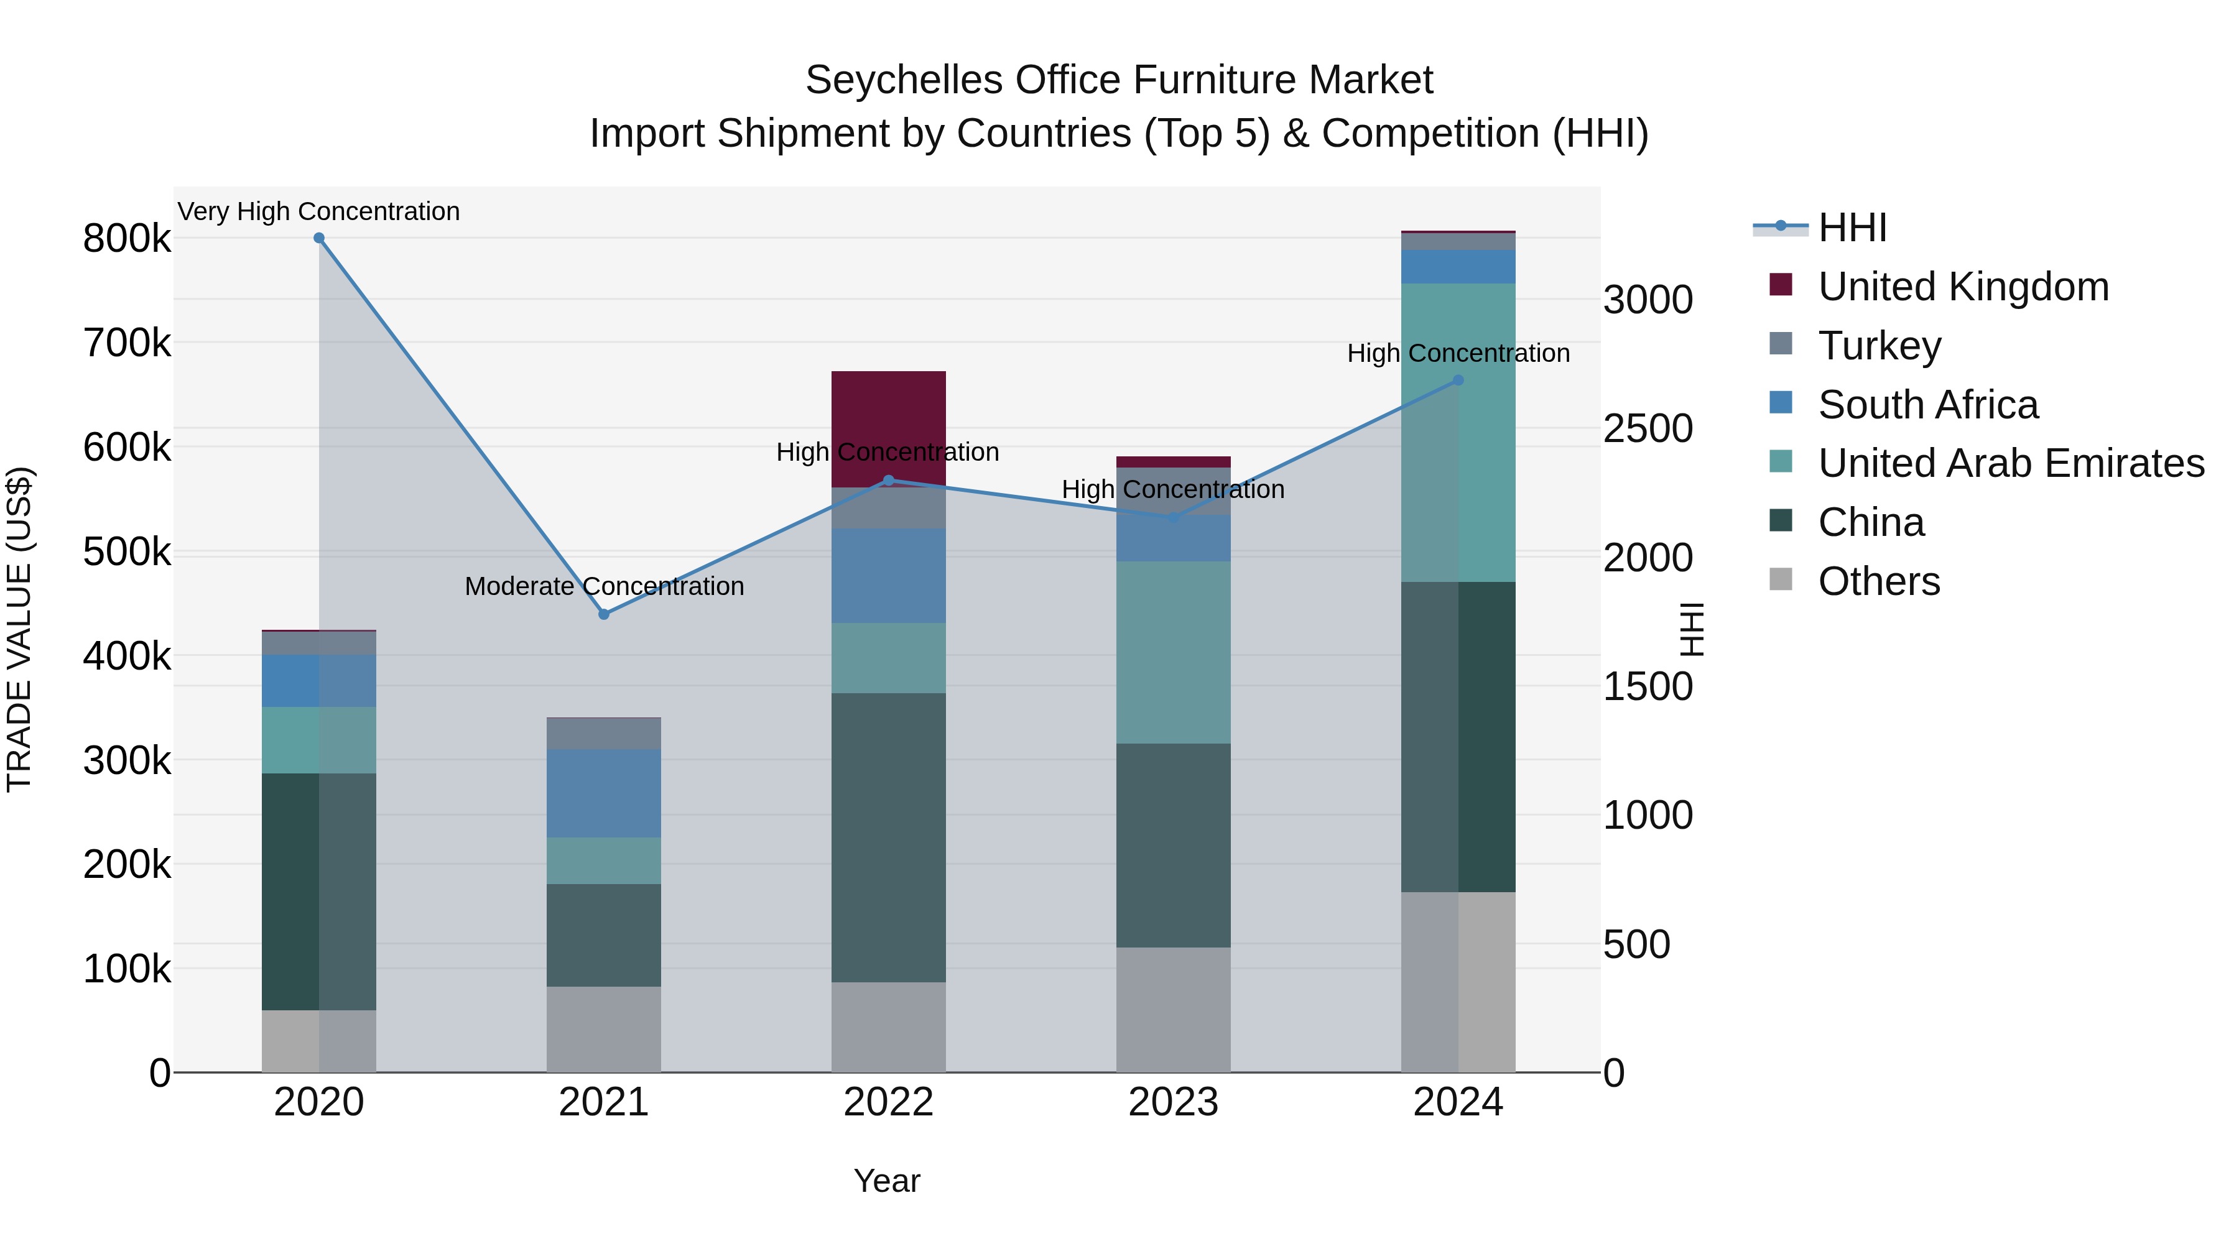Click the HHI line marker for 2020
319,238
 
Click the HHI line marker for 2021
604,614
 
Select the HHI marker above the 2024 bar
1458,380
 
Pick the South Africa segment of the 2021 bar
604,793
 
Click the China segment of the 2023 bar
1174,846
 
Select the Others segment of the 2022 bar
888,1027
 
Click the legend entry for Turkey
1879,346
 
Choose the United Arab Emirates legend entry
2010,463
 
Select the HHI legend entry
1852,228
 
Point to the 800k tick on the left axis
127,239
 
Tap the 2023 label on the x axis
1174,1102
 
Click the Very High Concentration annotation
319,211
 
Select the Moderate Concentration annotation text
604,586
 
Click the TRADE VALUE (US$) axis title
19,629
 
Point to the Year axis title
886,1181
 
